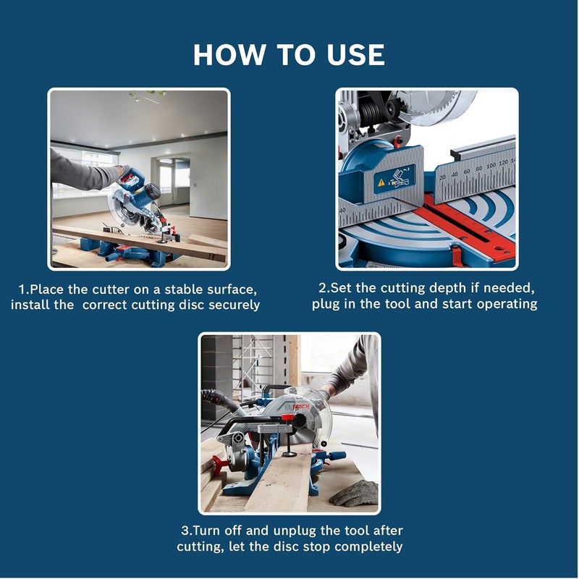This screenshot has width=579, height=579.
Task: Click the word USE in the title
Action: point(346,55)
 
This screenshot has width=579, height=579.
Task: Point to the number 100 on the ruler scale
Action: point(491,166)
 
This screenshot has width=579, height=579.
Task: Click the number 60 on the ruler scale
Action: point(466,171)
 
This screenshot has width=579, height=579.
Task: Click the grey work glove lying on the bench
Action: point(354,493)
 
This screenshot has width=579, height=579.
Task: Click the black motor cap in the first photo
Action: point(152,192)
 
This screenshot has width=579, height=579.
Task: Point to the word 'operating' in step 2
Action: point(505,303)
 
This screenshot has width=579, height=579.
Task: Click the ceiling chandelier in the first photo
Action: point(144,95)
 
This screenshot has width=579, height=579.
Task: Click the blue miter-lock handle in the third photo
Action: point(332,457)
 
